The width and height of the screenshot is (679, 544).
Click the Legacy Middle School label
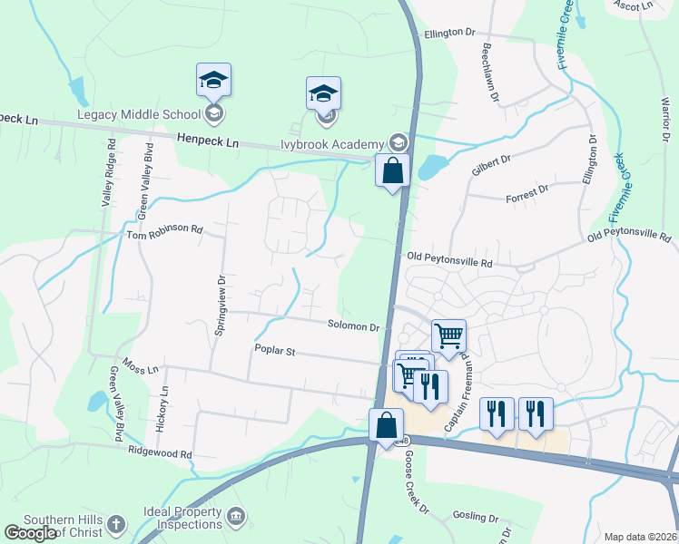139,114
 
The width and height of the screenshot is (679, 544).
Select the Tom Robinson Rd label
164,230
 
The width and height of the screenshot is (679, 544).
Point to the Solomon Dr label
354,325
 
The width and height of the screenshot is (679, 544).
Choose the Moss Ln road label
141,369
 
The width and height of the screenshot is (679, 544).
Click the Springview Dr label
220,303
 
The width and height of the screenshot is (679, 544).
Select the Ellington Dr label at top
449,32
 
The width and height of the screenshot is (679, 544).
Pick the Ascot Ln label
633,5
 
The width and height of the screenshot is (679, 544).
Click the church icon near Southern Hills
115,523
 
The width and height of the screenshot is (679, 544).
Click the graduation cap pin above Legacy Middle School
214,81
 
